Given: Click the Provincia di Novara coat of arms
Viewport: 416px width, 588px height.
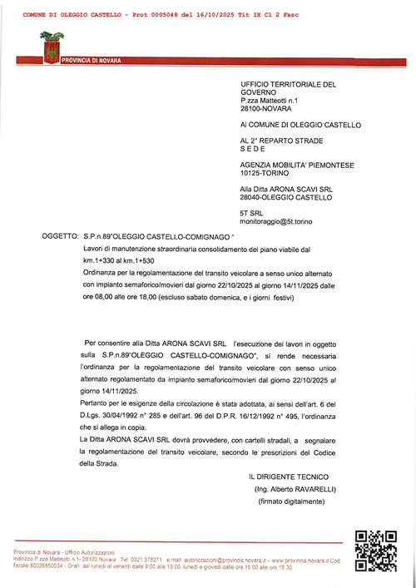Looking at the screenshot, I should click(x=50, y=47).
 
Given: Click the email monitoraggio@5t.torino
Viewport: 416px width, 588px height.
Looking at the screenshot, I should click(x=277, y=220).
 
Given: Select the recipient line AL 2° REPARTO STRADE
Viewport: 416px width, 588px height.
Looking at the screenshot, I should click(x=281, y=141).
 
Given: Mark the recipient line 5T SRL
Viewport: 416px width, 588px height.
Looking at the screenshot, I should click(x=251, y=212).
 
